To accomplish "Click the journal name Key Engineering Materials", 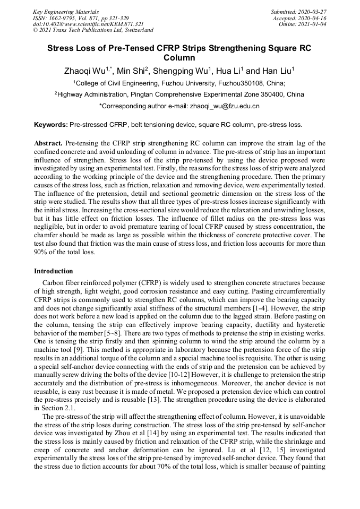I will (65, 11).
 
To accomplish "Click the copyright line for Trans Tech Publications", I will (93, 30).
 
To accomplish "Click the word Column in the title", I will (179, 57).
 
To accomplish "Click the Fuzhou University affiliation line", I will (179, 83).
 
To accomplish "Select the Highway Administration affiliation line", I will (179, 94).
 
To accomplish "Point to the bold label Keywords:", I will (51, 125).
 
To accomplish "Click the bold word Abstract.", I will (48, 143).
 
